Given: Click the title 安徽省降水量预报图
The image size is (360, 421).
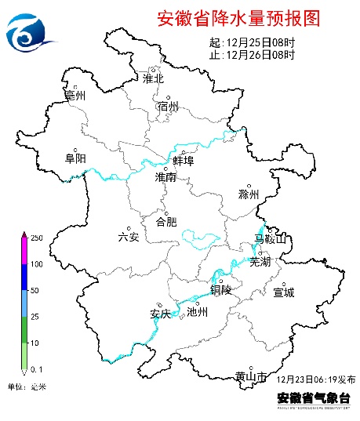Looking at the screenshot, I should [238, 18].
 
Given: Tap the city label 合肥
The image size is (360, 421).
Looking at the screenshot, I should [167, 221].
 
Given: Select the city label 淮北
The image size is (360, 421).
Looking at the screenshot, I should [153, 78].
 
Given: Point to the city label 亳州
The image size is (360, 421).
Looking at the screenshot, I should [75, 96].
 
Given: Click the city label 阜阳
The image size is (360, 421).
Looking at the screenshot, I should [75, 158].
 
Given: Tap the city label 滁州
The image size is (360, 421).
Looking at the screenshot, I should [249, 194].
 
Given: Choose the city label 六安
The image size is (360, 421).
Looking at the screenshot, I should [128, 237].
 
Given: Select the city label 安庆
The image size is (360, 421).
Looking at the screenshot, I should [160, 314].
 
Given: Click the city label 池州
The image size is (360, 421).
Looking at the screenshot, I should [198, 312].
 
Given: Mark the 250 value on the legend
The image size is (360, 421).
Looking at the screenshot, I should [36, 238].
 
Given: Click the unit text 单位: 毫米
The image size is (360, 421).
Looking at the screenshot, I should [27, 387].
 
